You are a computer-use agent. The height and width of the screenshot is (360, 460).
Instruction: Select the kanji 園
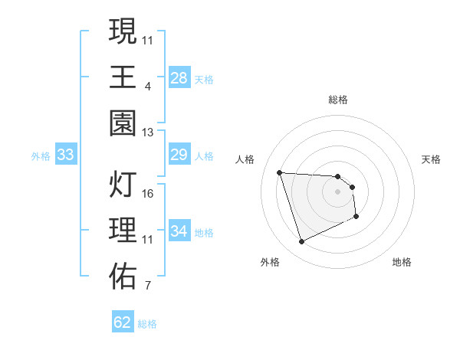(123, 123)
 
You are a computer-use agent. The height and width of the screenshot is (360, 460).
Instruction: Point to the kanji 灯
(123, 185)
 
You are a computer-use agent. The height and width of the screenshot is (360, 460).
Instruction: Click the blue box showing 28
(179, 77)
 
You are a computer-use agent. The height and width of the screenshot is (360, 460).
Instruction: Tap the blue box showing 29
(179, 155)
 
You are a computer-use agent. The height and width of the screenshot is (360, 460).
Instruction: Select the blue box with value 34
(179, 231)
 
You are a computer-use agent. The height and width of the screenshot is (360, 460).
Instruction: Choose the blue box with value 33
(66, 155)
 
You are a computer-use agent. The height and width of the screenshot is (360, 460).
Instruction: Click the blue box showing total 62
(123, 322)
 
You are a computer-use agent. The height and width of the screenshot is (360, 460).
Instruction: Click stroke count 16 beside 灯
(148, 194)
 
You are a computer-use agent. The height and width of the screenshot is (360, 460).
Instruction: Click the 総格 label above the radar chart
(338, 100)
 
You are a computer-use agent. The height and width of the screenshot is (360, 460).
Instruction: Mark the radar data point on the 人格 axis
(280, 172)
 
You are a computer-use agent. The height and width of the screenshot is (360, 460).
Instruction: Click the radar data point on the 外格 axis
(301, 242)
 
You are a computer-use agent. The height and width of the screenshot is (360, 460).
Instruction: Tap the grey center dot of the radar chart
(338, 192)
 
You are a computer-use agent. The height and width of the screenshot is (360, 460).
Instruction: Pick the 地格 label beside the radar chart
(402, 262)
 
